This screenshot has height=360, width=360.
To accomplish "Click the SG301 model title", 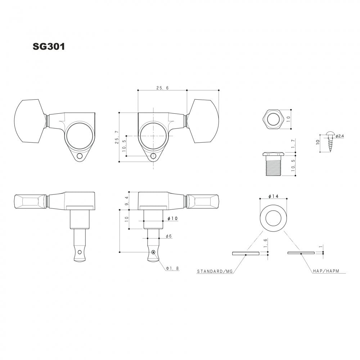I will coord(49,46).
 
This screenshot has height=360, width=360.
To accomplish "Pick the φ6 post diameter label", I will coord(168,236).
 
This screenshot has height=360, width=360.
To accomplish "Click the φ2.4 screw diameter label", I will coord(340,136).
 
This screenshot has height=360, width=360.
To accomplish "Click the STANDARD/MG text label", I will coord(215,271).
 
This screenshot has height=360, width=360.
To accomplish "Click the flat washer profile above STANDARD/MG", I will coord(246,253).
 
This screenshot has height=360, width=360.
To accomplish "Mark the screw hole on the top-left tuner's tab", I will coord(80,156).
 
